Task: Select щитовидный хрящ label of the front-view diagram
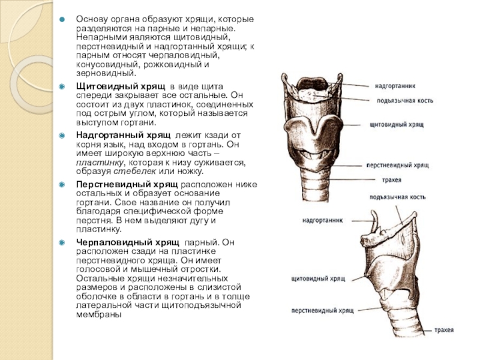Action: (397, 124)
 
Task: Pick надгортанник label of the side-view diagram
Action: (322, 220)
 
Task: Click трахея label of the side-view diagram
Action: (445, 330)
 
